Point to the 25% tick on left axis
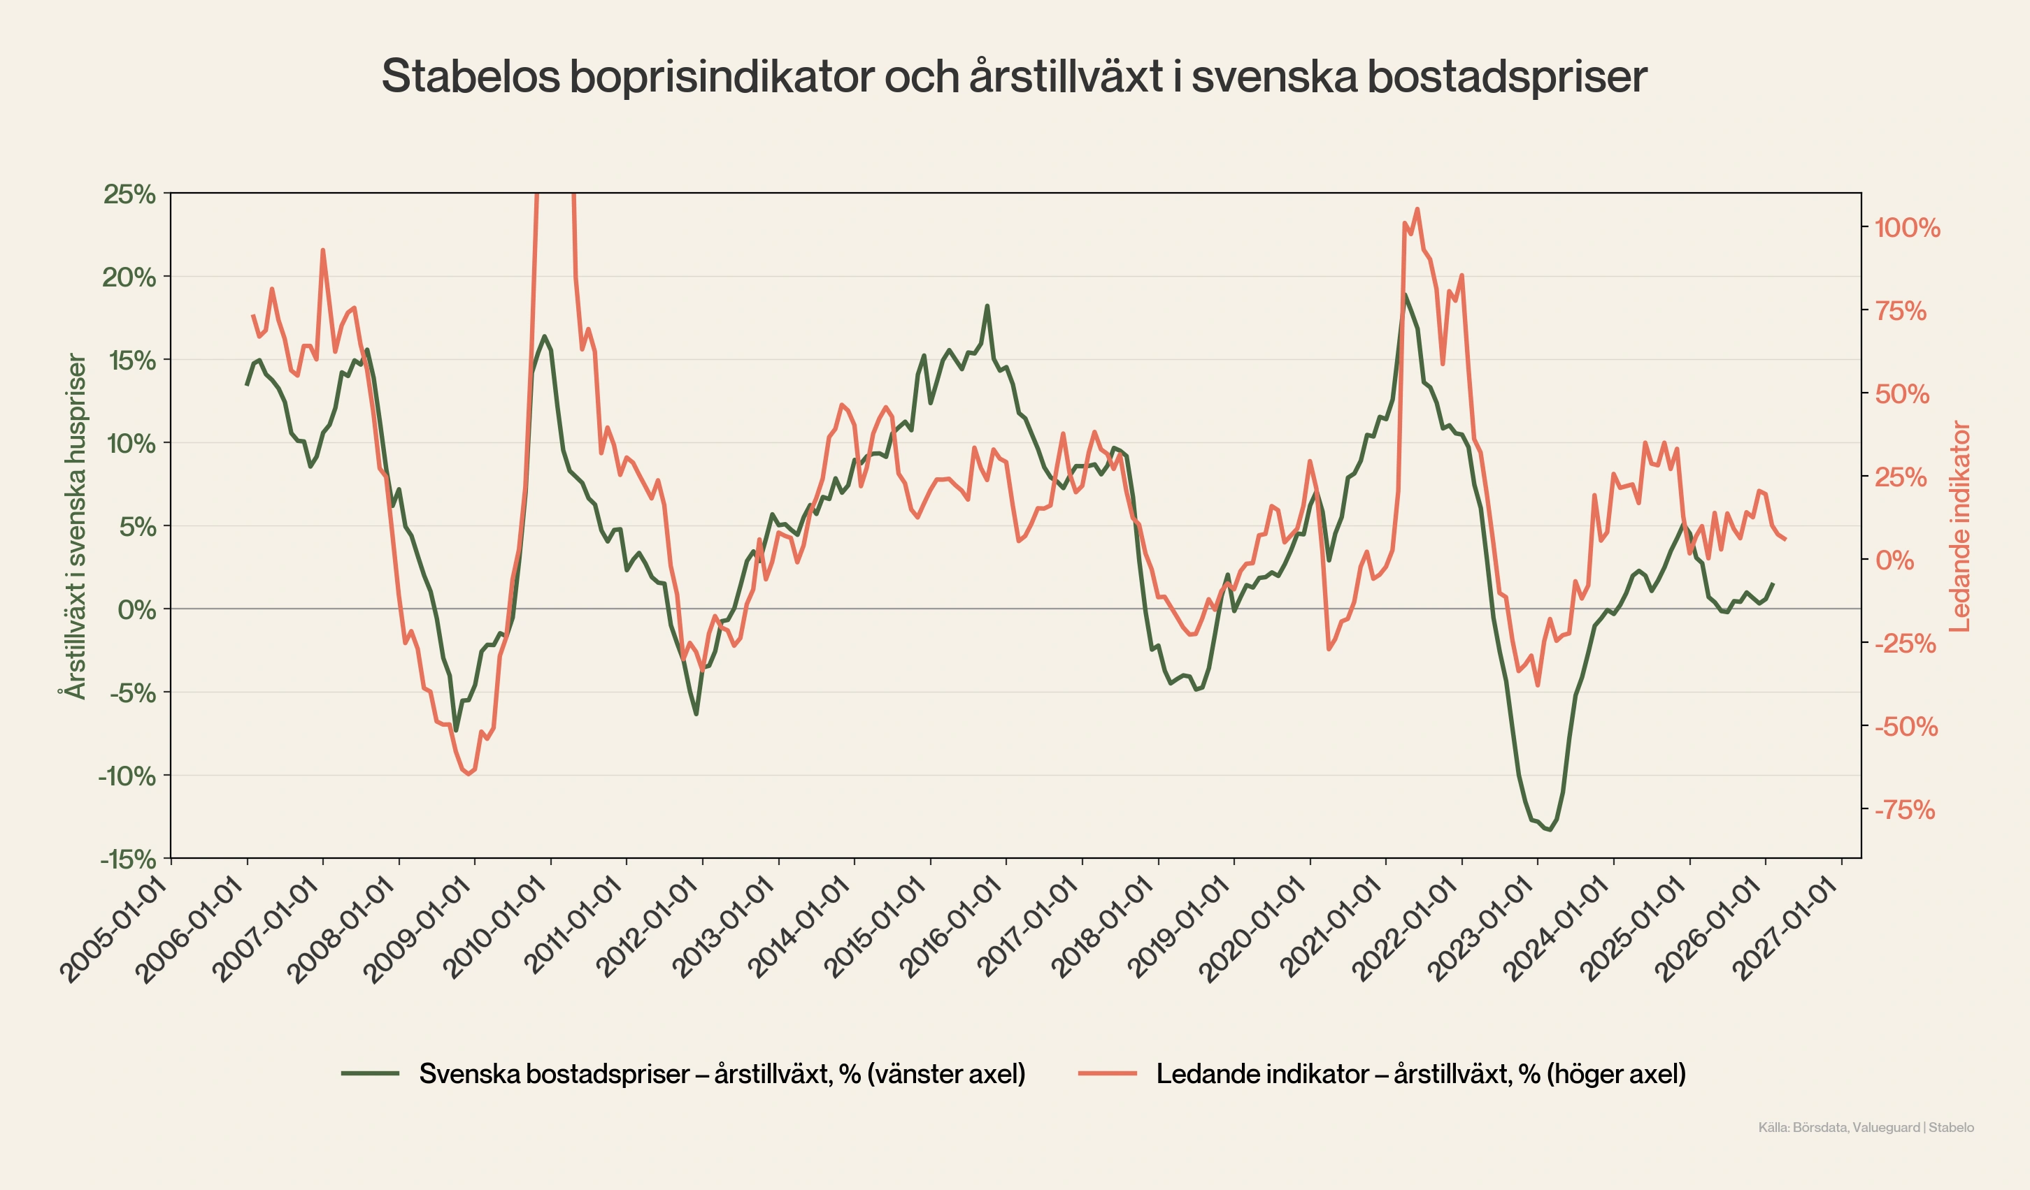point(129,194)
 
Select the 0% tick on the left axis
point(137,609)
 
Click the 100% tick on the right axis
point(1907,228)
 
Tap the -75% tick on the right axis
point(1904,810)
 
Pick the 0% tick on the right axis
point(1894,560)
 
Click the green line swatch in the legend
point(371,1073)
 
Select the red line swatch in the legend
point(1108,1073)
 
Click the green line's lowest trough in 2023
point(1550,829)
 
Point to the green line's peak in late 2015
point(987,306)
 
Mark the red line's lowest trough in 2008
point(469,774)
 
